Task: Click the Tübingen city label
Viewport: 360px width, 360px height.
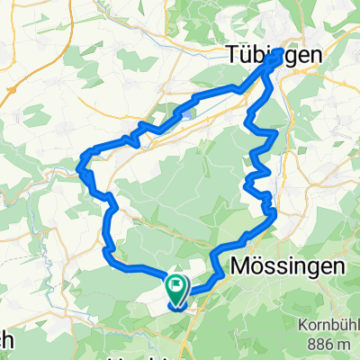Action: tap(259, 56)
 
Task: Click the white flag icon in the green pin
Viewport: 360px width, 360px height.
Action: tap(176, 286)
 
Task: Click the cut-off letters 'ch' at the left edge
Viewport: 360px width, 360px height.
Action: tap(6, 341)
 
